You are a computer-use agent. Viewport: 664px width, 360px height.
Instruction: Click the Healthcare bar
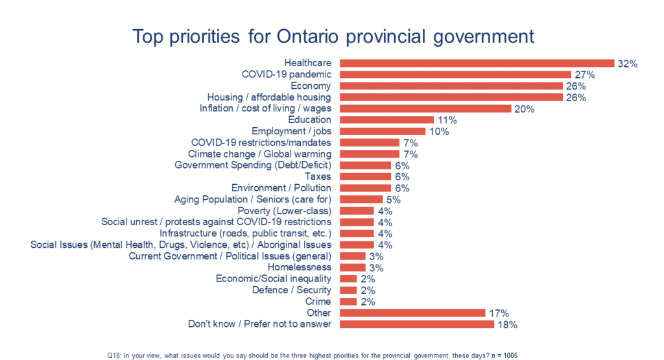coord(477,64)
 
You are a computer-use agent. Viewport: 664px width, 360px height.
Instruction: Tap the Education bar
coord(386,120)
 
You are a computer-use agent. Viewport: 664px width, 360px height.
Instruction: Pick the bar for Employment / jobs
coord(383,131)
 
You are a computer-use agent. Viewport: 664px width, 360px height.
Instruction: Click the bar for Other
coord(412,313)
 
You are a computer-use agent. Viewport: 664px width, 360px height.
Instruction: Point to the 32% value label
coord(628,64)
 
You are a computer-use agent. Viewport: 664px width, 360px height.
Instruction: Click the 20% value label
coord(524,109)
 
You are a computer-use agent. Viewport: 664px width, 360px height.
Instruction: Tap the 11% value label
coord(447,120)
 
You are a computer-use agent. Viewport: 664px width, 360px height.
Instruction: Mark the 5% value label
coord(394,199)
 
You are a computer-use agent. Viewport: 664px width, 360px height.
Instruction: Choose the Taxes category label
coord(318,176)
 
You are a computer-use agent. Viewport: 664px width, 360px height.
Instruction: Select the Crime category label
coord(318,302)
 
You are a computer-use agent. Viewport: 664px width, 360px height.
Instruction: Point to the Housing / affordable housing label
coord(269,97)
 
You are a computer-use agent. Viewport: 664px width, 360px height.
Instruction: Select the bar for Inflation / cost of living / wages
coord(425,109)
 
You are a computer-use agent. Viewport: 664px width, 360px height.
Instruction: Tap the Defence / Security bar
coord(348,290)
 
